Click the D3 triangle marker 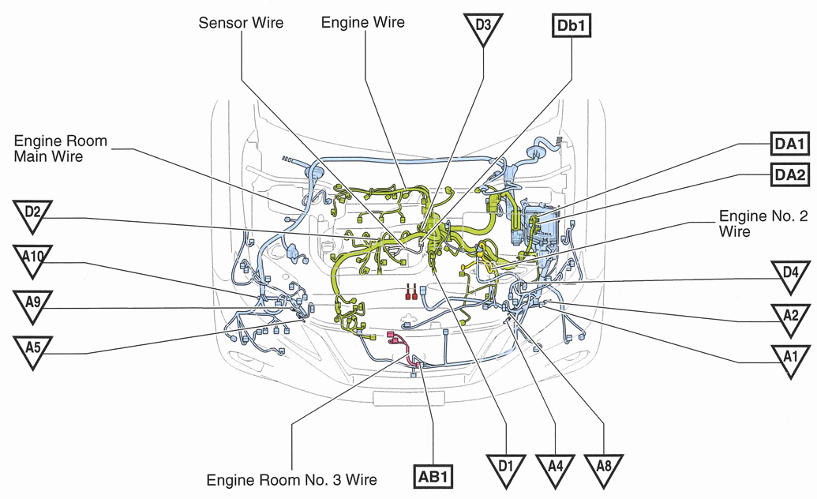pos(482,27)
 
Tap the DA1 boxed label pos(789,144)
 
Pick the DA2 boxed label pos(789,174)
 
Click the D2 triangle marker pos(32,214)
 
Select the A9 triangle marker pos(32,304)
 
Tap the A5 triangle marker pos(32,349)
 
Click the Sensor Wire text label pos(241,23)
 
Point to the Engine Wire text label pos(362,23)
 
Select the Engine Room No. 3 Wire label pos(291,479)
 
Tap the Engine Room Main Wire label pos(60,149)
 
